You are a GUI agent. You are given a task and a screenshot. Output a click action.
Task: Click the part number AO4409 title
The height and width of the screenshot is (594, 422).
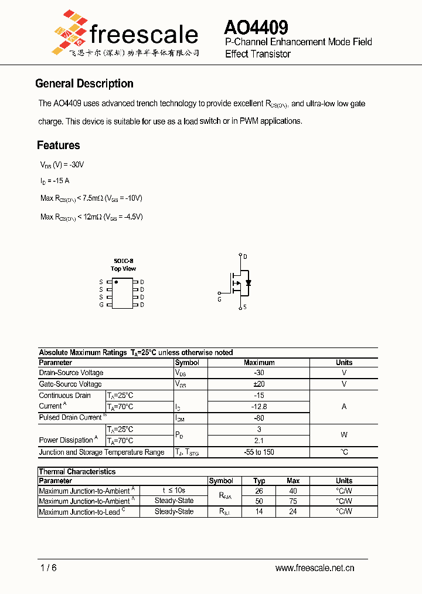click(x=256, y=27)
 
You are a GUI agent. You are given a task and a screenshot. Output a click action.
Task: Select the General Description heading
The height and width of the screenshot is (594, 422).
click(x=84, y=83)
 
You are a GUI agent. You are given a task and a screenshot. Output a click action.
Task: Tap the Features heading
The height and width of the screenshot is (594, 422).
click(x=59, y=145)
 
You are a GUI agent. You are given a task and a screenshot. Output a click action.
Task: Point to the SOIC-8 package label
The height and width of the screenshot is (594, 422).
click(x=123, y=261)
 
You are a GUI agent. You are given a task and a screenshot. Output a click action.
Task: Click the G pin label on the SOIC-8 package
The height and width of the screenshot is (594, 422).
click(x=101, y=305)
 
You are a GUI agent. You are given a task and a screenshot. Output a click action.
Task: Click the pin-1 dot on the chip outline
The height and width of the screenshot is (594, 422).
click(x=116, y=282)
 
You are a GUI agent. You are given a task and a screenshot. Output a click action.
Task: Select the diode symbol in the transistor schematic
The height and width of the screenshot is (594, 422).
click(x=249, y=282)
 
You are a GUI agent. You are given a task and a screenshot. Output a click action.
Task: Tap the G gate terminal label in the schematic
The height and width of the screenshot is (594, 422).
click(x=219, y=299)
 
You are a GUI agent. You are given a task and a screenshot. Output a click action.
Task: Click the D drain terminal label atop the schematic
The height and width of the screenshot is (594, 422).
click(x=245, y=256)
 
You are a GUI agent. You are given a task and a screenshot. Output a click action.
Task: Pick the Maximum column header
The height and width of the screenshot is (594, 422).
click(x=259, y=363)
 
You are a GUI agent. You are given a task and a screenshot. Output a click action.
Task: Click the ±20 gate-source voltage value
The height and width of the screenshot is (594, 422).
click(x=259, y=384)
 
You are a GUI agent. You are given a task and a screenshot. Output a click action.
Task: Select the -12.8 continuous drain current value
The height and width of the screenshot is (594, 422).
click(x=259, y=406)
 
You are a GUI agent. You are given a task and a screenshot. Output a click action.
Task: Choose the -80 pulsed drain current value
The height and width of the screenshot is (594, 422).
click(x=259, y=418)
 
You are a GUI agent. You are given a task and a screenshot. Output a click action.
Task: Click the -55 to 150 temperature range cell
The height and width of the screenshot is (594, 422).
click(x=259, y=452)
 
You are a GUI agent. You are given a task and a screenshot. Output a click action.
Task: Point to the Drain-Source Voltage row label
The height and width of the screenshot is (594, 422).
click(x=71, y=373)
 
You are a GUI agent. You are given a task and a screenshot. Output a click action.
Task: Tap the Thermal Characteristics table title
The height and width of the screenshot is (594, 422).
click(x=77, y=471)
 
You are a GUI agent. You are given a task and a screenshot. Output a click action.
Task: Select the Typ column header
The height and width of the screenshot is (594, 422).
click(x=259, y=481)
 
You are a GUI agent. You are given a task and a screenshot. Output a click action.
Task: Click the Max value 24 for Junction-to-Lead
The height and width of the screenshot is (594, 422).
click(x=293, y=511)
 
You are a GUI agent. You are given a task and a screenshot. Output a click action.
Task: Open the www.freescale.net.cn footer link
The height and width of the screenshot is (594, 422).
click(x=315, y=568)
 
